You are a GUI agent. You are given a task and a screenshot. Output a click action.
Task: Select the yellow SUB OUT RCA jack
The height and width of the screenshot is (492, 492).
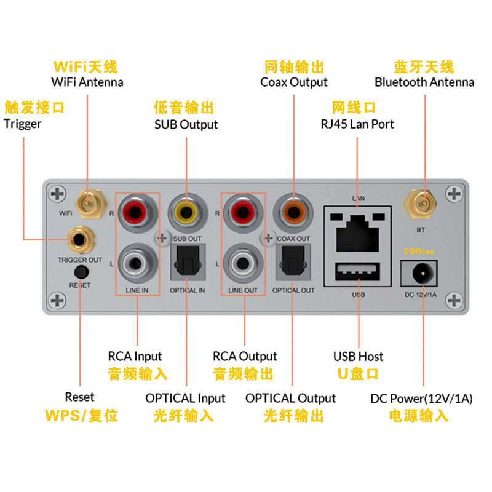pos(186,212)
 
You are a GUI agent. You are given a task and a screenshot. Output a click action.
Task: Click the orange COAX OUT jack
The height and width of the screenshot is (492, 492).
pos(293,212)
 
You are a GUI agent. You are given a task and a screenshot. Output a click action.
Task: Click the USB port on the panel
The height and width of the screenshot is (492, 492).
pos(359,272)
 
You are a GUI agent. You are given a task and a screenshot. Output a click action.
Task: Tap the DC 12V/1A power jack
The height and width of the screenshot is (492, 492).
pos(421,271)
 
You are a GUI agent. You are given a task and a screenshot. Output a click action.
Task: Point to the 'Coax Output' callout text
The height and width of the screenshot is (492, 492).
pos(294,82)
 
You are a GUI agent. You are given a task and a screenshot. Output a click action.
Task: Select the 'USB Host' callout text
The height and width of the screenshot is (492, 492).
pos(358,356)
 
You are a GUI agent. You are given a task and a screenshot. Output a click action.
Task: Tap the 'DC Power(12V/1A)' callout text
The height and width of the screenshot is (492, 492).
pos(421,399)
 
